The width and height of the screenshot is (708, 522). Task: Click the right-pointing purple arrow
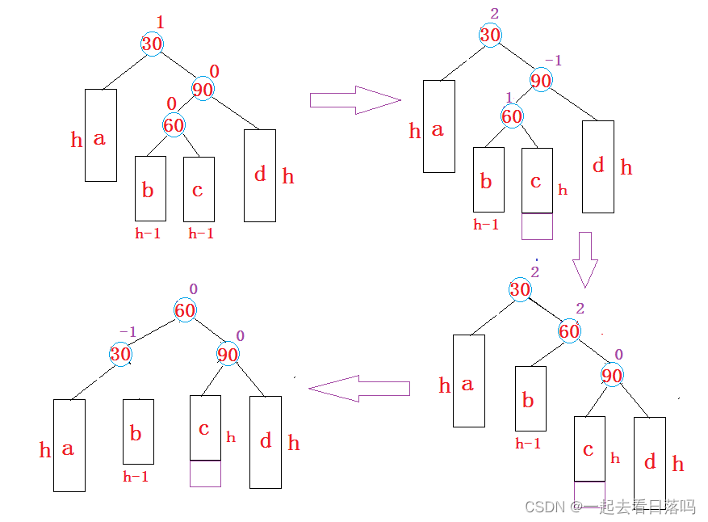click(x=355, y=100)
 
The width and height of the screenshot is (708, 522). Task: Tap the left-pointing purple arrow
click(x=359, y=388)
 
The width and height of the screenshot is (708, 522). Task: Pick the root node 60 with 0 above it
click(x=185, y=310)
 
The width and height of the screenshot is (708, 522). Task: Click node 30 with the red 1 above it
click(x=152, y=44)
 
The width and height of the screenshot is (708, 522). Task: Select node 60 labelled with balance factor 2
click(x=569, y=330)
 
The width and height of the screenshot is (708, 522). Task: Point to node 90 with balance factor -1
click(x=541, y=80)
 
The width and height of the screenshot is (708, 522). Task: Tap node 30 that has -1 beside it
click(x=120, y=354)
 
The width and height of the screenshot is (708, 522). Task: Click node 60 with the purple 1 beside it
click(x=512, y=116)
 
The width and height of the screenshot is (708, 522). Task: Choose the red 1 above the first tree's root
click(x=160, y=22)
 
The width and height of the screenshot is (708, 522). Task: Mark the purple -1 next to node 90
click(x=554, y=60)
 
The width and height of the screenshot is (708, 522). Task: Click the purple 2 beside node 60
click(x=580, y=308)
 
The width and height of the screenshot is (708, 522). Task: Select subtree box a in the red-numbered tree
click(x=101, y=135)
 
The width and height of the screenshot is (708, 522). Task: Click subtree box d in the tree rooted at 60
click(x=266, y=442)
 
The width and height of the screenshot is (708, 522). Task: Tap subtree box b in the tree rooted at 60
click(x=138, y=431)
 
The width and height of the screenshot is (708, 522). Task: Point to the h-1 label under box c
click(x=201, y=234)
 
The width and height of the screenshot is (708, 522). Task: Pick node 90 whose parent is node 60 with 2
click(x=612, y=375)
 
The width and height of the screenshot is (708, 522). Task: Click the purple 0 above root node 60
click(x=193, y=288)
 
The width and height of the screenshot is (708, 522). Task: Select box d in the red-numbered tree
click(x=260, y=175)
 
